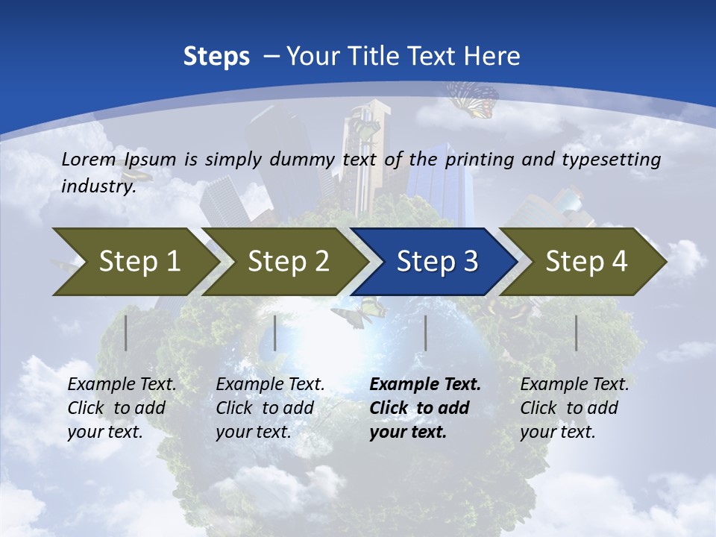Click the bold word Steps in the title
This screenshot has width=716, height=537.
(x=216, y=57)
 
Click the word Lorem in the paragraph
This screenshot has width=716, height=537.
(x=89, y=159)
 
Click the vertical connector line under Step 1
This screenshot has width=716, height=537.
(x=126, y=333)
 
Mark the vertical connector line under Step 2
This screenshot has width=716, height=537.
(x=275, y=333)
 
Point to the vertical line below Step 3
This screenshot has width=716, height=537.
(x=425, y=333)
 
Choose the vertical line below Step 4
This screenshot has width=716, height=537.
(x=576, y=333)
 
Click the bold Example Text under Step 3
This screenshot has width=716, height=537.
(x=425, y=385)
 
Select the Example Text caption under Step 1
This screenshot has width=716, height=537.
(x=122, y=385)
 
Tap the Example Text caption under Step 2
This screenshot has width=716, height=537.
(x=270, y=385)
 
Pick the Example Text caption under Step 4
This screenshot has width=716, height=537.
(x=574, y=385)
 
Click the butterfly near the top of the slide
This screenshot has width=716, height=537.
(x=473, y=99)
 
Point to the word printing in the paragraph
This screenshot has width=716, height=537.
(x=480, y=160)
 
